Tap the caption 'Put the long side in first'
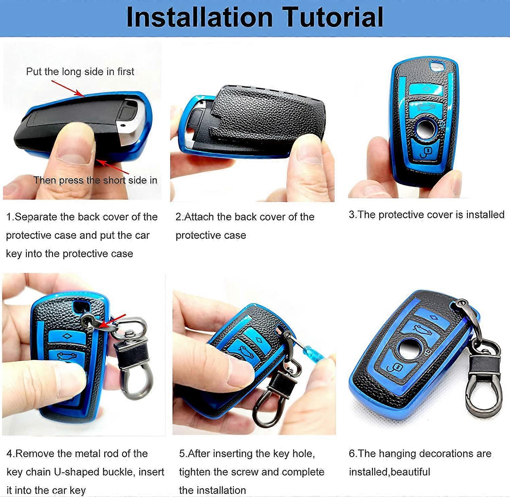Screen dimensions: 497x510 tap(80, 72)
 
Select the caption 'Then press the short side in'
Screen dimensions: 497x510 tap(95, 180)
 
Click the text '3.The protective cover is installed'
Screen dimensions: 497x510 tap(426, 215)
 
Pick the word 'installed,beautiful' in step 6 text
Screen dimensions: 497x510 tap(389, 472)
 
